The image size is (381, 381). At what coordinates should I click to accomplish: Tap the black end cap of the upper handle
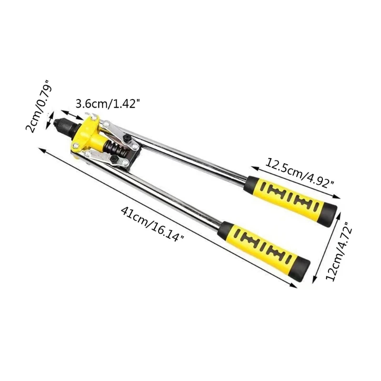pyautogui.click(x=328, y=212)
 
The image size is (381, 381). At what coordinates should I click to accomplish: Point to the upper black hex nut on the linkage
pyautogui.click(x=127, y=139)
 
